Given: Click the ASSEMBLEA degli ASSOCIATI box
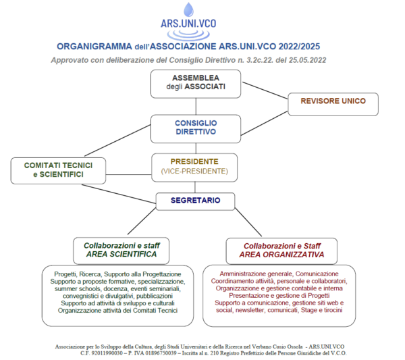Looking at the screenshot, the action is (x=196, y=84).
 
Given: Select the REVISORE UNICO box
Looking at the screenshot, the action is (x=333, y=104).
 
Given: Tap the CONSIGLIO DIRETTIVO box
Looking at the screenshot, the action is (x=196, y=129).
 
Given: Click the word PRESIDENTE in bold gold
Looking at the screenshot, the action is (x=194, y=161).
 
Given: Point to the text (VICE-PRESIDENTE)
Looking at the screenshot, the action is (x=194, y=171).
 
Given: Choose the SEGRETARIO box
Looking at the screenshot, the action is (x=196, y=201).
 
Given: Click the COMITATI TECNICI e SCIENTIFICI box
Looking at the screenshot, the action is (x=58, y=171).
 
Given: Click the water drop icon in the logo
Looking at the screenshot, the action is (x=188, y=9).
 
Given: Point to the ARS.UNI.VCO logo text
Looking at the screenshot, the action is (x=188, y=24).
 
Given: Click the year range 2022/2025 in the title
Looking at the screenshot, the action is (x=299, y=47).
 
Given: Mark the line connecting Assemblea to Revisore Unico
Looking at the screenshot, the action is (x=265, y=91).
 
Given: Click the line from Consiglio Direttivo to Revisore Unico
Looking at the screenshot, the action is (x=264, y=124).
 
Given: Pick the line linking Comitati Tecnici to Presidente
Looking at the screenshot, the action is (x=129, y=174).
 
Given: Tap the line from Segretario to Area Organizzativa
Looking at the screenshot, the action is (x=248, y=222).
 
